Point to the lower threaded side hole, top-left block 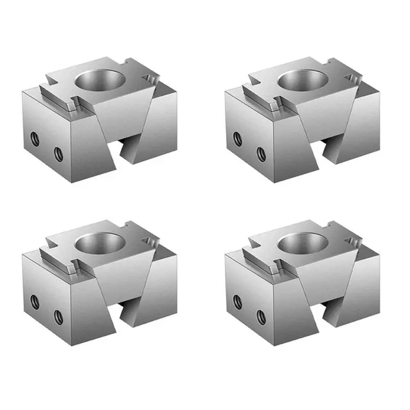pyautogui.click(x=58, y=152)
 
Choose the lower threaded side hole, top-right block pyautogui.click(x=260, y=152)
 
